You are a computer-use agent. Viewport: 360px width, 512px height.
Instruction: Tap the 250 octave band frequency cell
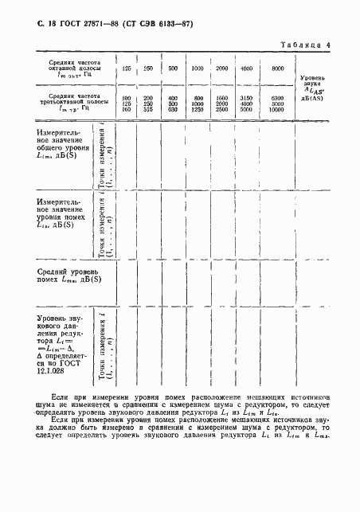pyautogui.click(x=147, y=69)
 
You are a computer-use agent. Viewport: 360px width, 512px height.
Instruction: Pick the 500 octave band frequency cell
pyautogui.click(x=173, y=69)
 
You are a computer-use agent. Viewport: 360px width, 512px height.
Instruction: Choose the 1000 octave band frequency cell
pyautogui.click(x=198, y=69)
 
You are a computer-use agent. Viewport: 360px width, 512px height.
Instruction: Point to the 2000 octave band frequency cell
pyautogui.click(x=222, y=69)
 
